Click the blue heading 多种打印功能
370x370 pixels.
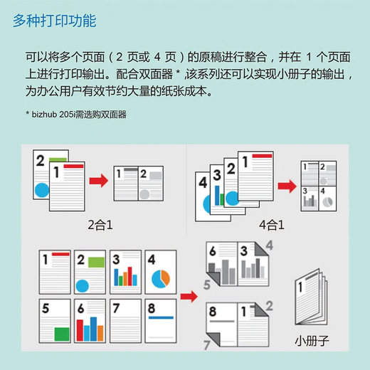click(55, 21)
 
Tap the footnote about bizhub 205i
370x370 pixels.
click(76, 115)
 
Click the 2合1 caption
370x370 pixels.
click(100, 225)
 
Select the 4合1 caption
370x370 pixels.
click(272, 225)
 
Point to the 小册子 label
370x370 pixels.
click(312, 341)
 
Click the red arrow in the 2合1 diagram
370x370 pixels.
click(99, 181)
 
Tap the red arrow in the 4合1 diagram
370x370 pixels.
click(287, 186)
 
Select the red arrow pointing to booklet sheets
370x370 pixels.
click(189, 296)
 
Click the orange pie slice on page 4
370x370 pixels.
click(165, 277)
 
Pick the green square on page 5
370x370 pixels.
click(62, 334)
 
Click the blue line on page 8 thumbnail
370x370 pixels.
click(161, 317)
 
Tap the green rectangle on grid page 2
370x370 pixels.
click(96, 263)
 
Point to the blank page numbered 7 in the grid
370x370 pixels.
click(125, 321)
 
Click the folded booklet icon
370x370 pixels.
click(311, 297)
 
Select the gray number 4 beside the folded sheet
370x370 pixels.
click(270, 245)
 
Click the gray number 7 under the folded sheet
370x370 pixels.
click(207, 345)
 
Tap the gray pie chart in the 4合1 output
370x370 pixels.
click(328, 202)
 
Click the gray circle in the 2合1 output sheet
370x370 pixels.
click(144, 194)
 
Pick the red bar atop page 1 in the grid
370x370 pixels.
click(60, 254)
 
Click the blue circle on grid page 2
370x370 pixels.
click(83, 286)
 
